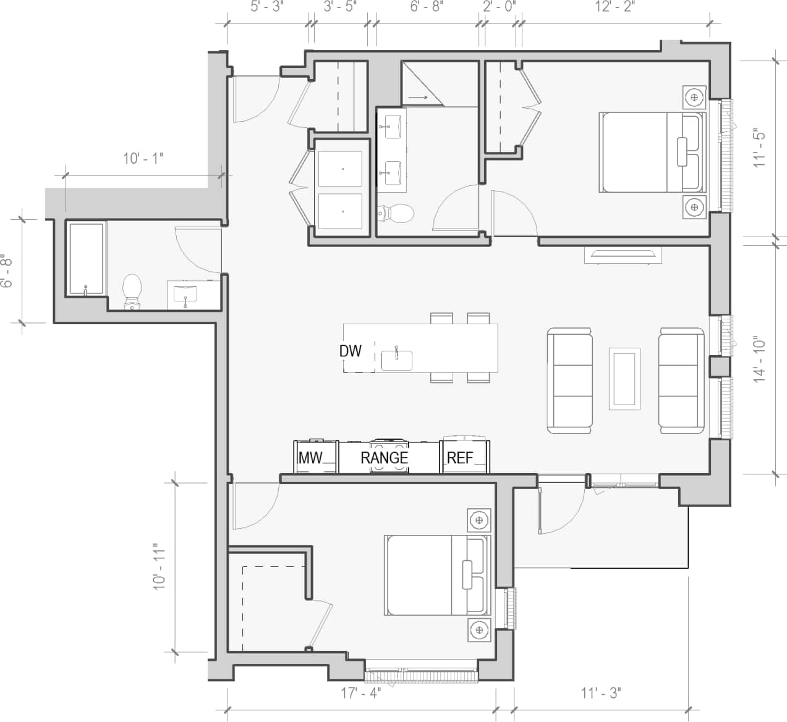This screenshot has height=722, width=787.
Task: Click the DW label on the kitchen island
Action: [350, 351]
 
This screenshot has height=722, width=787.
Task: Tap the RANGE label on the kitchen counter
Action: [385, 458]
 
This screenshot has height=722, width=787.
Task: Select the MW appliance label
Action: [310, 458]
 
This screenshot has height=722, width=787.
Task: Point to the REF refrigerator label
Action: [459, 458]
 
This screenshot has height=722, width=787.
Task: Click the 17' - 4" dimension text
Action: [361, 693]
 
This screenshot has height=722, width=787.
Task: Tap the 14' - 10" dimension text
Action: [760, 359]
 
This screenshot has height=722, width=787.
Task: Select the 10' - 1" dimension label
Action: [143, 159]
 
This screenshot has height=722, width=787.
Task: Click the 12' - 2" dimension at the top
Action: [615, 7]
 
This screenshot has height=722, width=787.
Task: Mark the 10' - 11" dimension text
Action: [160, 567]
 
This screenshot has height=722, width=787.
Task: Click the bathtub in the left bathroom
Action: [86, 260]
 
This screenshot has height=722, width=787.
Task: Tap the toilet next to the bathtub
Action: [132, 291]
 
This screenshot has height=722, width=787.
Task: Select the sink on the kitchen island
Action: [396, 359]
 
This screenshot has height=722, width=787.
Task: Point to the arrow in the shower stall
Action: [419, 97]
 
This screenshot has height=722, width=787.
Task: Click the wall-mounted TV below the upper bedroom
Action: [623, 254]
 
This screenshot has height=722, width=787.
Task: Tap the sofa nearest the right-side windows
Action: [681, 380]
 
